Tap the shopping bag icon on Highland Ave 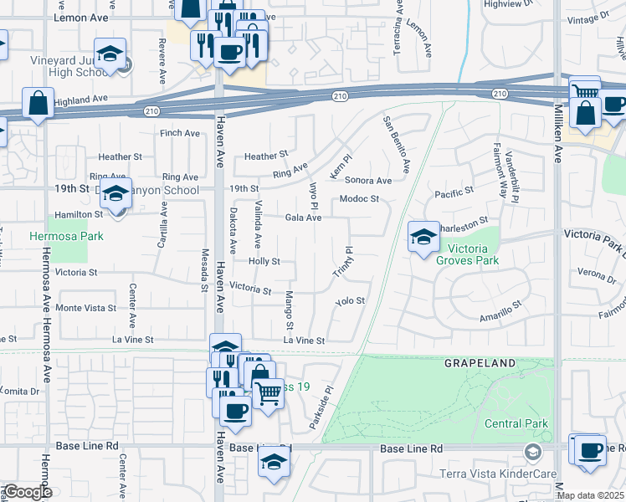tap(39, 104)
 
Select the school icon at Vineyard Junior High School tap(109, 54)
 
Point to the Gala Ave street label tap(303, 218)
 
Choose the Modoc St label tap(360, 199)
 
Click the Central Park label tap(516, 423)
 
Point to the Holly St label tap(264, 262)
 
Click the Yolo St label tap(351, 301)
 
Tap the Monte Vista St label tap(86, 309)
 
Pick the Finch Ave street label tap(180, 133)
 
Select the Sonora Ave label tap(368, 181)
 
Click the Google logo tap(27, 492)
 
